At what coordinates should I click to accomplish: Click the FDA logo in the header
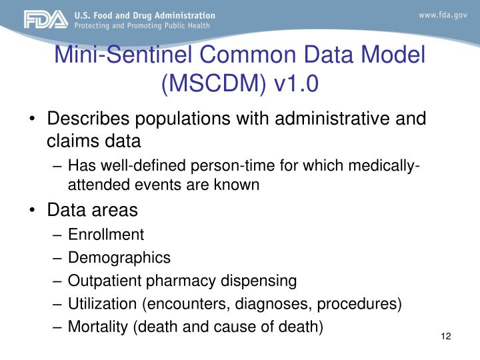coord(45,20)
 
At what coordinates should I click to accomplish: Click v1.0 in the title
coord(293,83)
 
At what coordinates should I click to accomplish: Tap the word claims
coord(69,141)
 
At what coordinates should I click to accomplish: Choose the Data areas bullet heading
coord(92,210)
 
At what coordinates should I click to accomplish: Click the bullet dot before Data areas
coord(34,211)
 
